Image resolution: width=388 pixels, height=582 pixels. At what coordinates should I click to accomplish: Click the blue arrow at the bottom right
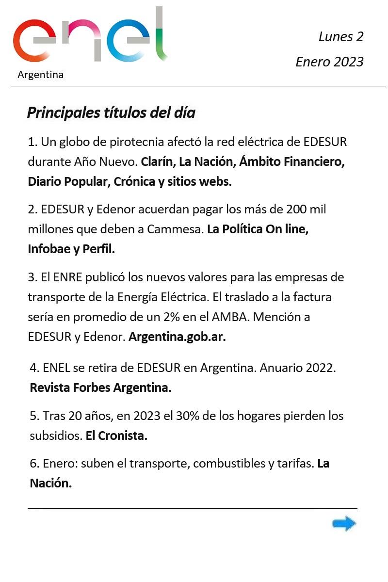coord(344,524)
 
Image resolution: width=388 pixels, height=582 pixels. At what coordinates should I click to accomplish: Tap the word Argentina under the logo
coord(40,75)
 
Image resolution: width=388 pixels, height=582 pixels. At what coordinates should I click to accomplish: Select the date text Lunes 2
coord(340,36)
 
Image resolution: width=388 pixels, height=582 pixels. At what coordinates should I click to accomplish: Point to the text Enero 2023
coord(329,62)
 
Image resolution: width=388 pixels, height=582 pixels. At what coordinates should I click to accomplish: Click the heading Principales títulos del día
coord(111,113)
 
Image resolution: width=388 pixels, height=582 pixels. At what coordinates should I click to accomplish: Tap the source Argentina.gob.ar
coord(177,337)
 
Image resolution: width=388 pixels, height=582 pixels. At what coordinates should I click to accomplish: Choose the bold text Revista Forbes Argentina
coord(100,388)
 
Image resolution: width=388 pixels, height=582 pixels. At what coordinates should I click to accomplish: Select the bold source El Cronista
coord(116,436)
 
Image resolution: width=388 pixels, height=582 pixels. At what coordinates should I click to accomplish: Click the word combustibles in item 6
coord(228,463)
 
